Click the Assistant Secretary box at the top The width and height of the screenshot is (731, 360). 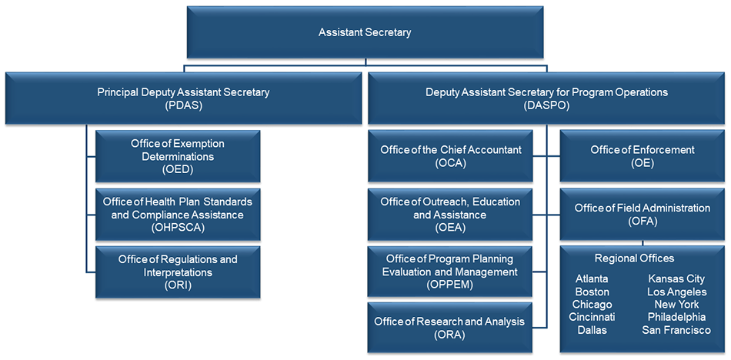coord(365,32)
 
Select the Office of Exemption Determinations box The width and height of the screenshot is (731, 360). coord(178,156)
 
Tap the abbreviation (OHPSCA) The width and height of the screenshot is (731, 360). coord(178,228)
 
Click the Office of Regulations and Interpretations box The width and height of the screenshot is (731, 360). coord(178,272)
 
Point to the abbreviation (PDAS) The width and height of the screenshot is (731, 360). coord(183,105)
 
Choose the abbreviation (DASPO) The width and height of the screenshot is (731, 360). coord(546,105)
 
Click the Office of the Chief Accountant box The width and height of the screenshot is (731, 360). coord(450,156)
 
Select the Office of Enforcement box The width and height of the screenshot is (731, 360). coord(642,156)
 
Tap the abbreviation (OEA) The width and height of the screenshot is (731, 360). coord(450,228)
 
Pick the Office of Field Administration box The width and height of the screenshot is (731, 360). coord(642,214)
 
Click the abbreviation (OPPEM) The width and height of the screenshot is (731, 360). coord(450,285)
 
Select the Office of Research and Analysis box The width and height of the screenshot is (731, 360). coord(450,328)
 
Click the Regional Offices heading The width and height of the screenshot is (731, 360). coord(635,258)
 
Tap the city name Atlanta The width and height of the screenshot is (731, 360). coord(592,279)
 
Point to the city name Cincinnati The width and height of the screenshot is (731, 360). coord(592,317)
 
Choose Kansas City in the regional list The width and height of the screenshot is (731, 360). coord(676,279)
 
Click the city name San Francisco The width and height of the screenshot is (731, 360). coord(676,330)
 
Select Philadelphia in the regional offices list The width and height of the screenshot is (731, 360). coord(676,317)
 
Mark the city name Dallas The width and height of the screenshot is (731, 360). coord(592,330)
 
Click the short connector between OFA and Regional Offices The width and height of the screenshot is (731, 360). coord(643,243)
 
